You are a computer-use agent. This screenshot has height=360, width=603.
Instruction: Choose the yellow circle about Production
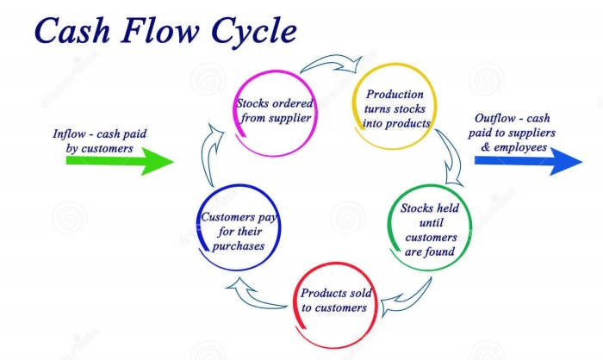click(x=392, y=109)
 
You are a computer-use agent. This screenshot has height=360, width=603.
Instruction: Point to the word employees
click(x=524, y=147)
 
